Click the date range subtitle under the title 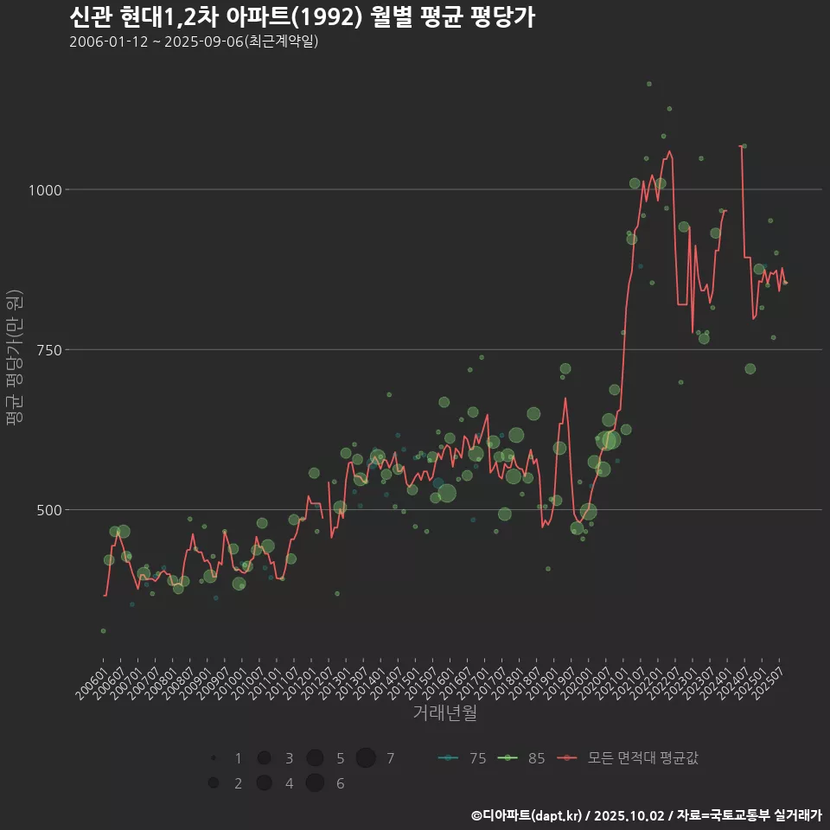pyautogui.click(x=194, y=41)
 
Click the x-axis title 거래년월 pyautogui.click(x=444, y=712)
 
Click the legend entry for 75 pyautogui.click(x=462, y=758)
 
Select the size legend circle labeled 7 pyautogui.click(x=366, y=758)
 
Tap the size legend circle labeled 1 pyautogui.click(x=213, y=758)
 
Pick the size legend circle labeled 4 pyautogui.click(x=264, y=783)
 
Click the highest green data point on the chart pyautogui.click(x=648, y=84)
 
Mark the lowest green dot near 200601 pyautogui.click(x=103, y=631)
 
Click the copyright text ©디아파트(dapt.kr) pyautogui.click(x=527, y=815)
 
